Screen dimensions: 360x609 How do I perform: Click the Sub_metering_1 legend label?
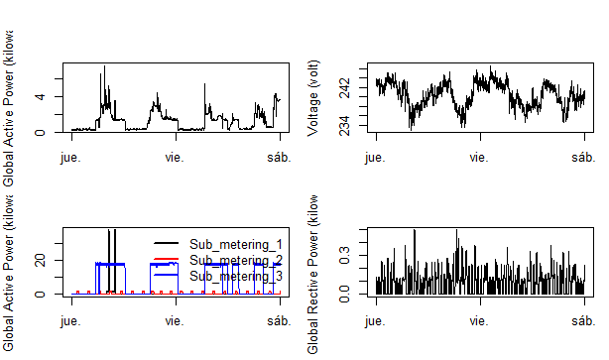pyautogui.click(x=236, y=244)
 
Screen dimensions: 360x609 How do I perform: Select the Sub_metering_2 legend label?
pyautogui.click(x=236, y=260)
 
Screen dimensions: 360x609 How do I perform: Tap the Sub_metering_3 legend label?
pyautogui.click(x=236, y=276)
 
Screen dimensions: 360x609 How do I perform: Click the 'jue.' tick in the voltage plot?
pyautogui.click(x=376, y=157)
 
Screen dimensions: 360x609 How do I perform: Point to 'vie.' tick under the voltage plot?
pyautogui.click(x=479, y=157)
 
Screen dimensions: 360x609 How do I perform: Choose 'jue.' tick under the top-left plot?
pyautogui.click(x=71, y=157)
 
